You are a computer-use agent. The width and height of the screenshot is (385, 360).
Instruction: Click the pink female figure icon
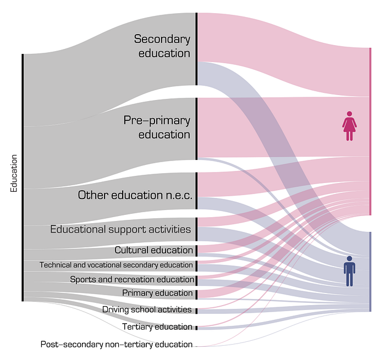[x=349, y=126]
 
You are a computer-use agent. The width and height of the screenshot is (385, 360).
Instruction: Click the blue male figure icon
[x=349, y=271]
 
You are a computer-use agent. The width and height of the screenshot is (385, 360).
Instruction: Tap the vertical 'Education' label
[x=14, y=173]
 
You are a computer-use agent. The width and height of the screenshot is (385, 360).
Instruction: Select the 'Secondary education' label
[x=162, y=46]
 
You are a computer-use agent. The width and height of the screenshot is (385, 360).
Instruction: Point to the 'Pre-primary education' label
[x=157, y=127]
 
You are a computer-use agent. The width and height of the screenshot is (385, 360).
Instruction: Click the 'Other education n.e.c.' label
[x=135, y=195]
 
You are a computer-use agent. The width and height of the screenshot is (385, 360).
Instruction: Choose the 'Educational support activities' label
[x=120, y=229]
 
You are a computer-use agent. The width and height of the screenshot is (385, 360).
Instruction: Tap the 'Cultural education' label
[x=153, y=250]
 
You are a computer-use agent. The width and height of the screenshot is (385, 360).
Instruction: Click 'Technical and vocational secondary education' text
[x=116, y=265]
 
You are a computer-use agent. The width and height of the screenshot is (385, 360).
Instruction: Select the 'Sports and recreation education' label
[x=132, y=279]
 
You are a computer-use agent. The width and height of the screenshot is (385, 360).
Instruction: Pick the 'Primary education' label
[x=157, y=293]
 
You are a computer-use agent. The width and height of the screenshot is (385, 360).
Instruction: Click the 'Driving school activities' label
[x=147, y=309]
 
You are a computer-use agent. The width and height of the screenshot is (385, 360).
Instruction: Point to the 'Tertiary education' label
[x=157, y=326]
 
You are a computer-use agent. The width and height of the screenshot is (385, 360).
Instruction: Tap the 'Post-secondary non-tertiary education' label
[x=117, y=344]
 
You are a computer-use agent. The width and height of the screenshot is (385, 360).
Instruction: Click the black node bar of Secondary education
[x=196, y=49]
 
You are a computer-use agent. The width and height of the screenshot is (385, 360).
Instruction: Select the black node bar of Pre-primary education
[x=196, y=129]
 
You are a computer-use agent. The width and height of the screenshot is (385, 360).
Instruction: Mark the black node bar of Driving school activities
[x=196, y=311]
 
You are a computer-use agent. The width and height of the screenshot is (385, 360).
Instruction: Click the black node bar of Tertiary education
[x=196, y=328]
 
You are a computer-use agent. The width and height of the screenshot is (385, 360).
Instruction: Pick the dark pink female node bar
[x=370, y=131]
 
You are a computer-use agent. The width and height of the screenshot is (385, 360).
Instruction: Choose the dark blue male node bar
[x=370, y=272]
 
